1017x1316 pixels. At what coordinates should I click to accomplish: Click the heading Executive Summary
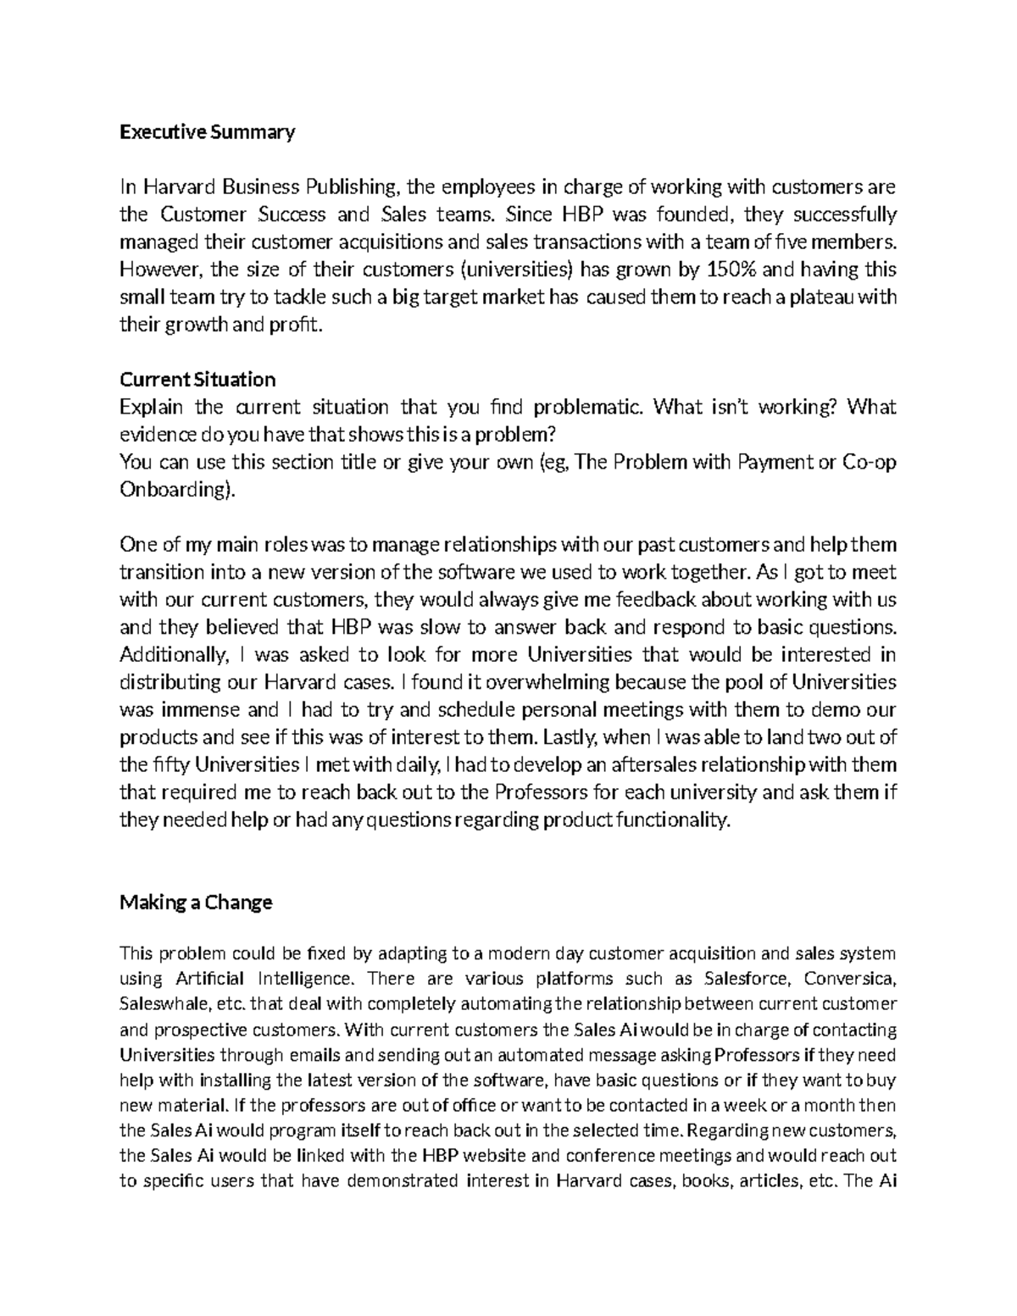coord(207,132)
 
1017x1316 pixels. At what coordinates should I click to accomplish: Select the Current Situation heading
coord(197,379)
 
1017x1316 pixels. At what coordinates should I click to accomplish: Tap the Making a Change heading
coord(196,902)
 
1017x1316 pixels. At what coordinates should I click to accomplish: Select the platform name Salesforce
coord(747,979)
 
